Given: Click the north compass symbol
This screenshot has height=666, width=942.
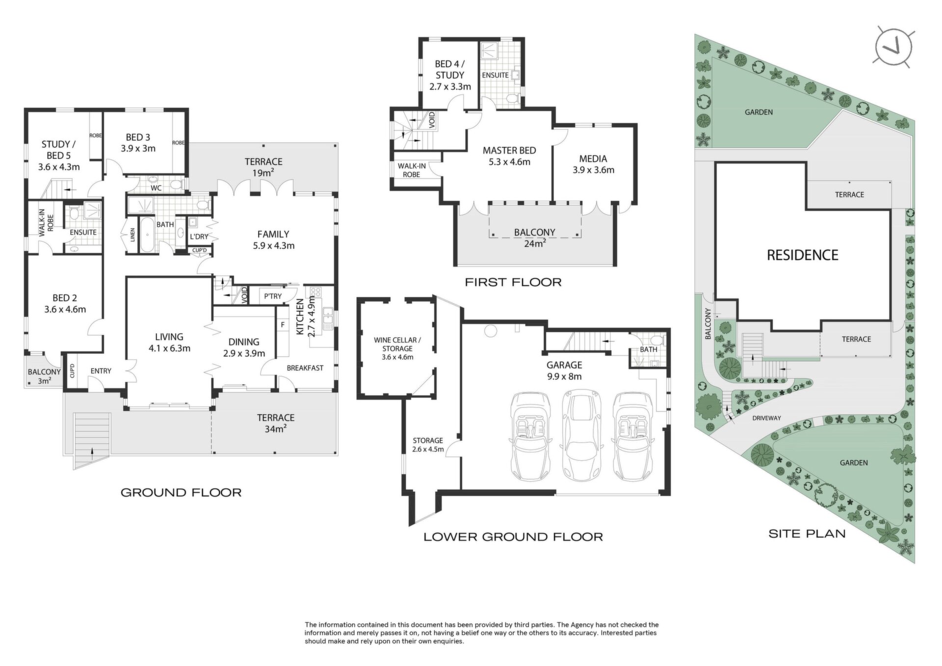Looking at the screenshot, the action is (x=893, y=48).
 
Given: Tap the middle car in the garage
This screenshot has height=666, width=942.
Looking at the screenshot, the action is (x=582, y=435).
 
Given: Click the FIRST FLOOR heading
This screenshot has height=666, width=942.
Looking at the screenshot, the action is (x=513, y=282).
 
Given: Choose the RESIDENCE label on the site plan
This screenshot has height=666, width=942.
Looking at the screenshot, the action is (x=803, y=255).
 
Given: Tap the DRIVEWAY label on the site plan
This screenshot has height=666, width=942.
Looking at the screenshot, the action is (x=766, y=418).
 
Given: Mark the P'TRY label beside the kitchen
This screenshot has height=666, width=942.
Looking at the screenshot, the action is (x=273, y=296).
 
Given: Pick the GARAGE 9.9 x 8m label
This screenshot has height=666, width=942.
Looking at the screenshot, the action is (x=564, y=371).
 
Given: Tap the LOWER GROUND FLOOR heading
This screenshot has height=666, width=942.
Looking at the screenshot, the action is (x=513, y=537).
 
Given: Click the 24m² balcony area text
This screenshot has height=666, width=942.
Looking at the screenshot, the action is (x=535, y=243).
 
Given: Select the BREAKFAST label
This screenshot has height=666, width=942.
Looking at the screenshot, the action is (x=305, y=368).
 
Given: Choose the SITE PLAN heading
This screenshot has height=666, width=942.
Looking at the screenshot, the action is (x=807, y=533).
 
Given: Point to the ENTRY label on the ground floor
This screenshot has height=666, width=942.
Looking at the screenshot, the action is (x=101, y=371).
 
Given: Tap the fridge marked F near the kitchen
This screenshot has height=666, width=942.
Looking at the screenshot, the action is (x=283, y=324).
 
